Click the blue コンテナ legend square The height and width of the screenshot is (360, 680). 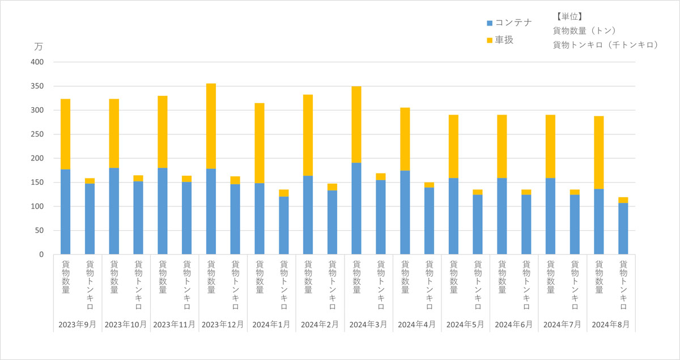[490, 23]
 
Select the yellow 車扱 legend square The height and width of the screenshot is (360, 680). [490, 40]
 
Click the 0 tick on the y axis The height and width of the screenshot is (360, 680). [41, 255]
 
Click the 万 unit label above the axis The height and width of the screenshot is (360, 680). [39, 46]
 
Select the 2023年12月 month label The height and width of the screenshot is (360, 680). [223, 324]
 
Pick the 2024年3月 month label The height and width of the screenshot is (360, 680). [368, 324]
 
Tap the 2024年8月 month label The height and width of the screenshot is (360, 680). [610, 324]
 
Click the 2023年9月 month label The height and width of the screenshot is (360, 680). [78, 324]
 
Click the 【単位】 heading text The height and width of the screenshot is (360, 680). [568, 17]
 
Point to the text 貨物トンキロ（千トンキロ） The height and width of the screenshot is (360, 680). [605, 45]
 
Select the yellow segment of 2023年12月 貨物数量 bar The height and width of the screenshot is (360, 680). [211, 126]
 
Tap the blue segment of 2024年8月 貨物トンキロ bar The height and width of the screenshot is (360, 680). [623, 228]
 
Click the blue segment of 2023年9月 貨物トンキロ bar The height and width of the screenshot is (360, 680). [90, 219]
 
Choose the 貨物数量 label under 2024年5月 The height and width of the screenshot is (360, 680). [453, 276]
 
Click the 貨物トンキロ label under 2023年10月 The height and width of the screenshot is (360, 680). [138, 285]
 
